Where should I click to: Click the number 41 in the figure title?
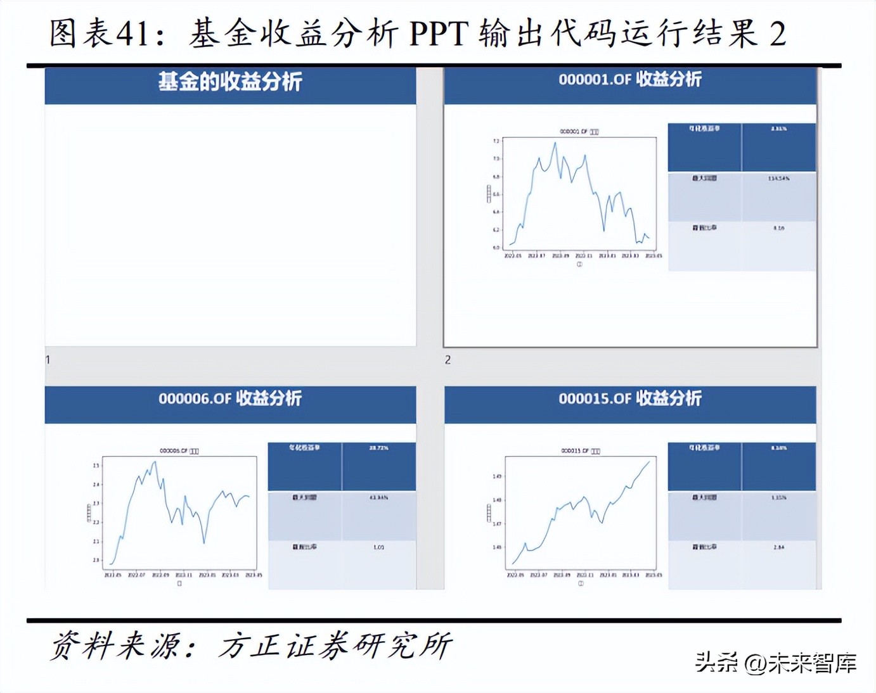coord(134,33)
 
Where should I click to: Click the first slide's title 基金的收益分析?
coord(230,82)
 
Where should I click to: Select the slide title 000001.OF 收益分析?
coord(629,79)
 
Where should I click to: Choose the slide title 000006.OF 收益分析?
coord(230,398)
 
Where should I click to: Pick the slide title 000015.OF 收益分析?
coord(629,398)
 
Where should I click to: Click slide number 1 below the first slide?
coord(48,360)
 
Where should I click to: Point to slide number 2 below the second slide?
coord(448,360)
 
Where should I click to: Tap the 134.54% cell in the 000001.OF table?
coord(778,179)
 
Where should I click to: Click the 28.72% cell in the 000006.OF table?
coord(378,448)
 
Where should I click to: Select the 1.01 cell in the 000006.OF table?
coord(378,547)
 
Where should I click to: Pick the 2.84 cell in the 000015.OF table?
coord(778,547)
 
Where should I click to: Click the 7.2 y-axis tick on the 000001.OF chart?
coord(496,141)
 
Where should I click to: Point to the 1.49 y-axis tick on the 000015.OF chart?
coord(497,476)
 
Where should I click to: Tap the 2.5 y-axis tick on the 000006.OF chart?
coord(96,466)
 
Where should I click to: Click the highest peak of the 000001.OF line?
coord(555,143)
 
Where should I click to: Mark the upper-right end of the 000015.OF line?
coord(649,462)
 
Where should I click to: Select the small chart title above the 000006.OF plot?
coord(179,451)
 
